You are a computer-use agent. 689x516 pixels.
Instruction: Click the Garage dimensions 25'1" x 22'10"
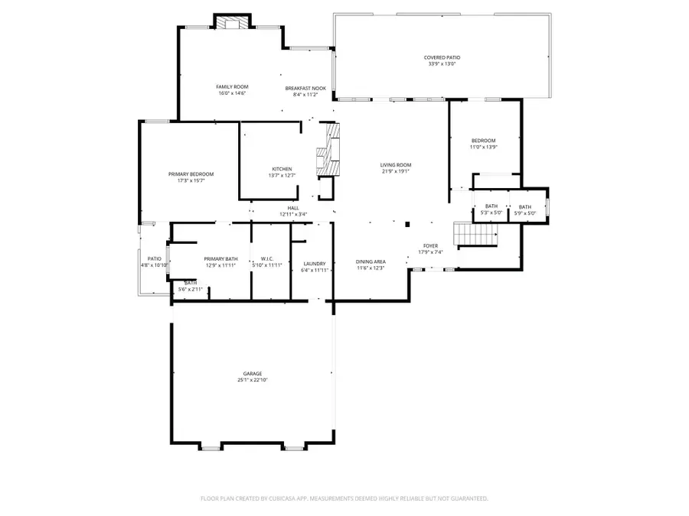point(253,380)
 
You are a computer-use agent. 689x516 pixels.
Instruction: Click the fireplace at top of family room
point(230,23)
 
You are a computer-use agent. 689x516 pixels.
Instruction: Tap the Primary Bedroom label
point(191,174)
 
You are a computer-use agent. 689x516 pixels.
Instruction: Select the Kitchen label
point(282,169)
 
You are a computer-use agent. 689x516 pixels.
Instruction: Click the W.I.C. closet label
point(268,259)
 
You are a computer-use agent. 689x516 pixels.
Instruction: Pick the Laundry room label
point(315,263)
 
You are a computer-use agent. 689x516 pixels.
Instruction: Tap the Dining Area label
point(371,262)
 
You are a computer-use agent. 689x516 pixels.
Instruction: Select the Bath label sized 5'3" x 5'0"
point(491,206)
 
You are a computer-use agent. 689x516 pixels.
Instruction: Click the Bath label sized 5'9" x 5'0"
point(525,206)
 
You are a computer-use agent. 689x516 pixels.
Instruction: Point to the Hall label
point(293,208)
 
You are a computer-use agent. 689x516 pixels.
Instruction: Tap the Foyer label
point(430,246)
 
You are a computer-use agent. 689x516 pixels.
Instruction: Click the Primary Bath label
point(220,259)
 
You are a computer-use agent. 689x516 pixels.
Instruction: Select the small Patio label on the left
point(154,259)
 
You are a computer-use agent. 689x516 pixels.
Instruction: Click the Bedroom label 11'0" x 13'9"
point(483,141)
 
